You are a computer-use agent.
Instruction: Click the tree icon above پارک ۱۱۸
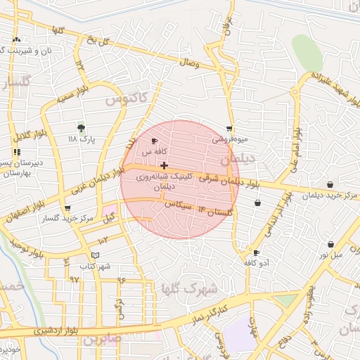point(82,128)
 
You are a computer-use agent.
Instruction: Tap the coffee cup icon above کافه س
point(154,141)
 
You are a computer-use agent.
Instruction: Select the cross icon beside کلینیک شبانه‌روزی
point(165,165)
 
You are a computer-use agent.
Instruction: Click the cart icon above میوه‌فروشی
point(229,129)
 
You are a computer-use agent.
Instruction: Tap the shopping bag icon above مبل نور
point(330,244)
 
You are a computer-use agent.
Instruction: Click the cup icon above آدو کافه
point(256,252)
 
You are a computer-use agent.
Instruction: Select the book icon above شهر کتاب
point(96,255)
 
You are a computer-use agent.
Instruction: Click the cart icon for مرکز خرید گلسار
point(67,208)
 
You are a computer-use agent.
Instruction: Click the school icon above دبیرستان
point(17,151)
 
